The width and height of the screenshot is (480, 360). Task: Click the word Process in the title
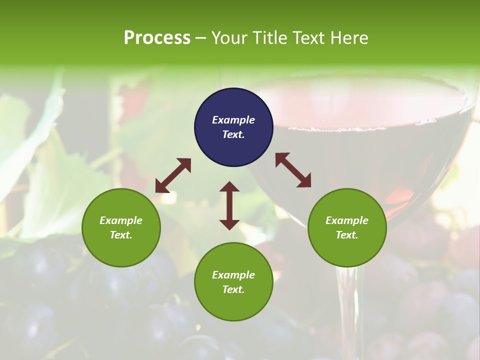(157, 38)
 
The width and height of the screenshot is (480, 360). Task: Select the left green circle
(121, 227)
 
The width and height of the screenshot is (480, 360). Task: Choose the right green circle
(347, 227)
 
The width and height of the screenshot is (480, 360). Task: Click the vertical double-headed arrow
(229, 205)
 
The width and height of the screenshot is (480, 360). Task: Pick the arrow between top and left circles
(173, 175)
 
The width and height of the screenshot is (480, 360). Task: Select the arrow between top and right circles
(293, 170)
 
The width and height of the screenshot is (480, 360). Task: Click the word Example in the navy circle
(233, 120)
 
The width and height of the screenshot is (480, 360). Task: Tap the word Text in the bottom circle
(233, 289)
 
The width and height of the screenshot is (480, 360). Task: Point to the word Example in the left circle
(121, 220)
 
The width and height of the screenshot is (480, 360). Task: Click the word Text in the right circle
(347, 235)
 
